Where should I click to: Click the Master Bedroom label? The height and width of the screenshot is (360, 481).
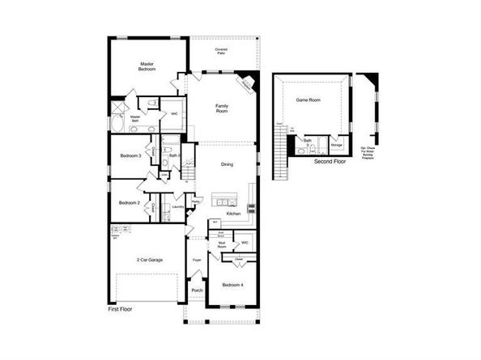147,66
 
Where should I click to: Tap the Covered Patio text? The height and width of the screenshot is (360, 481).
220,51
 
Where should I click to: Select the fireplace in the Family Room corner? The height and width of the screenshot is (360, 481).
245,83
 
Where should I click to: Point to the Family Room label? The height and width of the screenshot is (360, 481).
222,108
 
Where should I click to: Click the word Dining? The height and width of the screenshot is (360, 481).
227,165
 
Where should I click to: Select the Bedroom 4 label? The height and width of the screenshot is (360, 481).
232,284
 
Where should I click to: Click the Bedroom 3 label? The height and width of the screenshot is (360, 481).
130,155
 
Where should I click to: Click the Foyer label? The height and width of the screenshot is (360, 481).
197,260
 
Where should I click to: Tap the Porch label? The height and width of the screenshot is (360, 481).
197,290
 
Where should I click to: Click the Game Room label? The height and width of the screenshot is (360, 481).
308,100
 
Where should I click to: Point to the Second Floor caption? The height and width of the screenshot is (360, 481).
330,161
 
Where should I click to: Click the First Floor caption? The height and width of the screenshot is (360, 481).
120,310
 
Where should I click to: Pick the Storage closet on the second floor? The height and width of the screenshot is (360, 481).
337,146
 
